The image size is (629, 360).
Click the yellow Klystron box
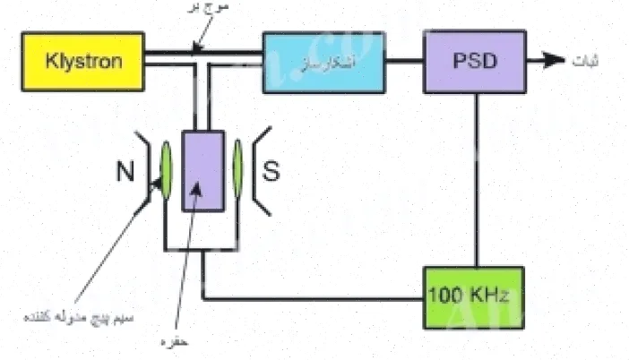click(x=82, y=62)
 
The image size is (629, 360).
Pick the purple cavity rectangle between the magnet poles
click(x=204, y=170)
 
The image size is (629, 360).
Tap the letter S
click(x=271, y=172)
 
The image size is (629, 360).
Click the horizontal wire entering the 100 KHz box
click(x=314, y=296)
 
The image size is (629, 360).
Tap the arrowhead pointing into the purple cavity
click(x=196, y=191)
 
